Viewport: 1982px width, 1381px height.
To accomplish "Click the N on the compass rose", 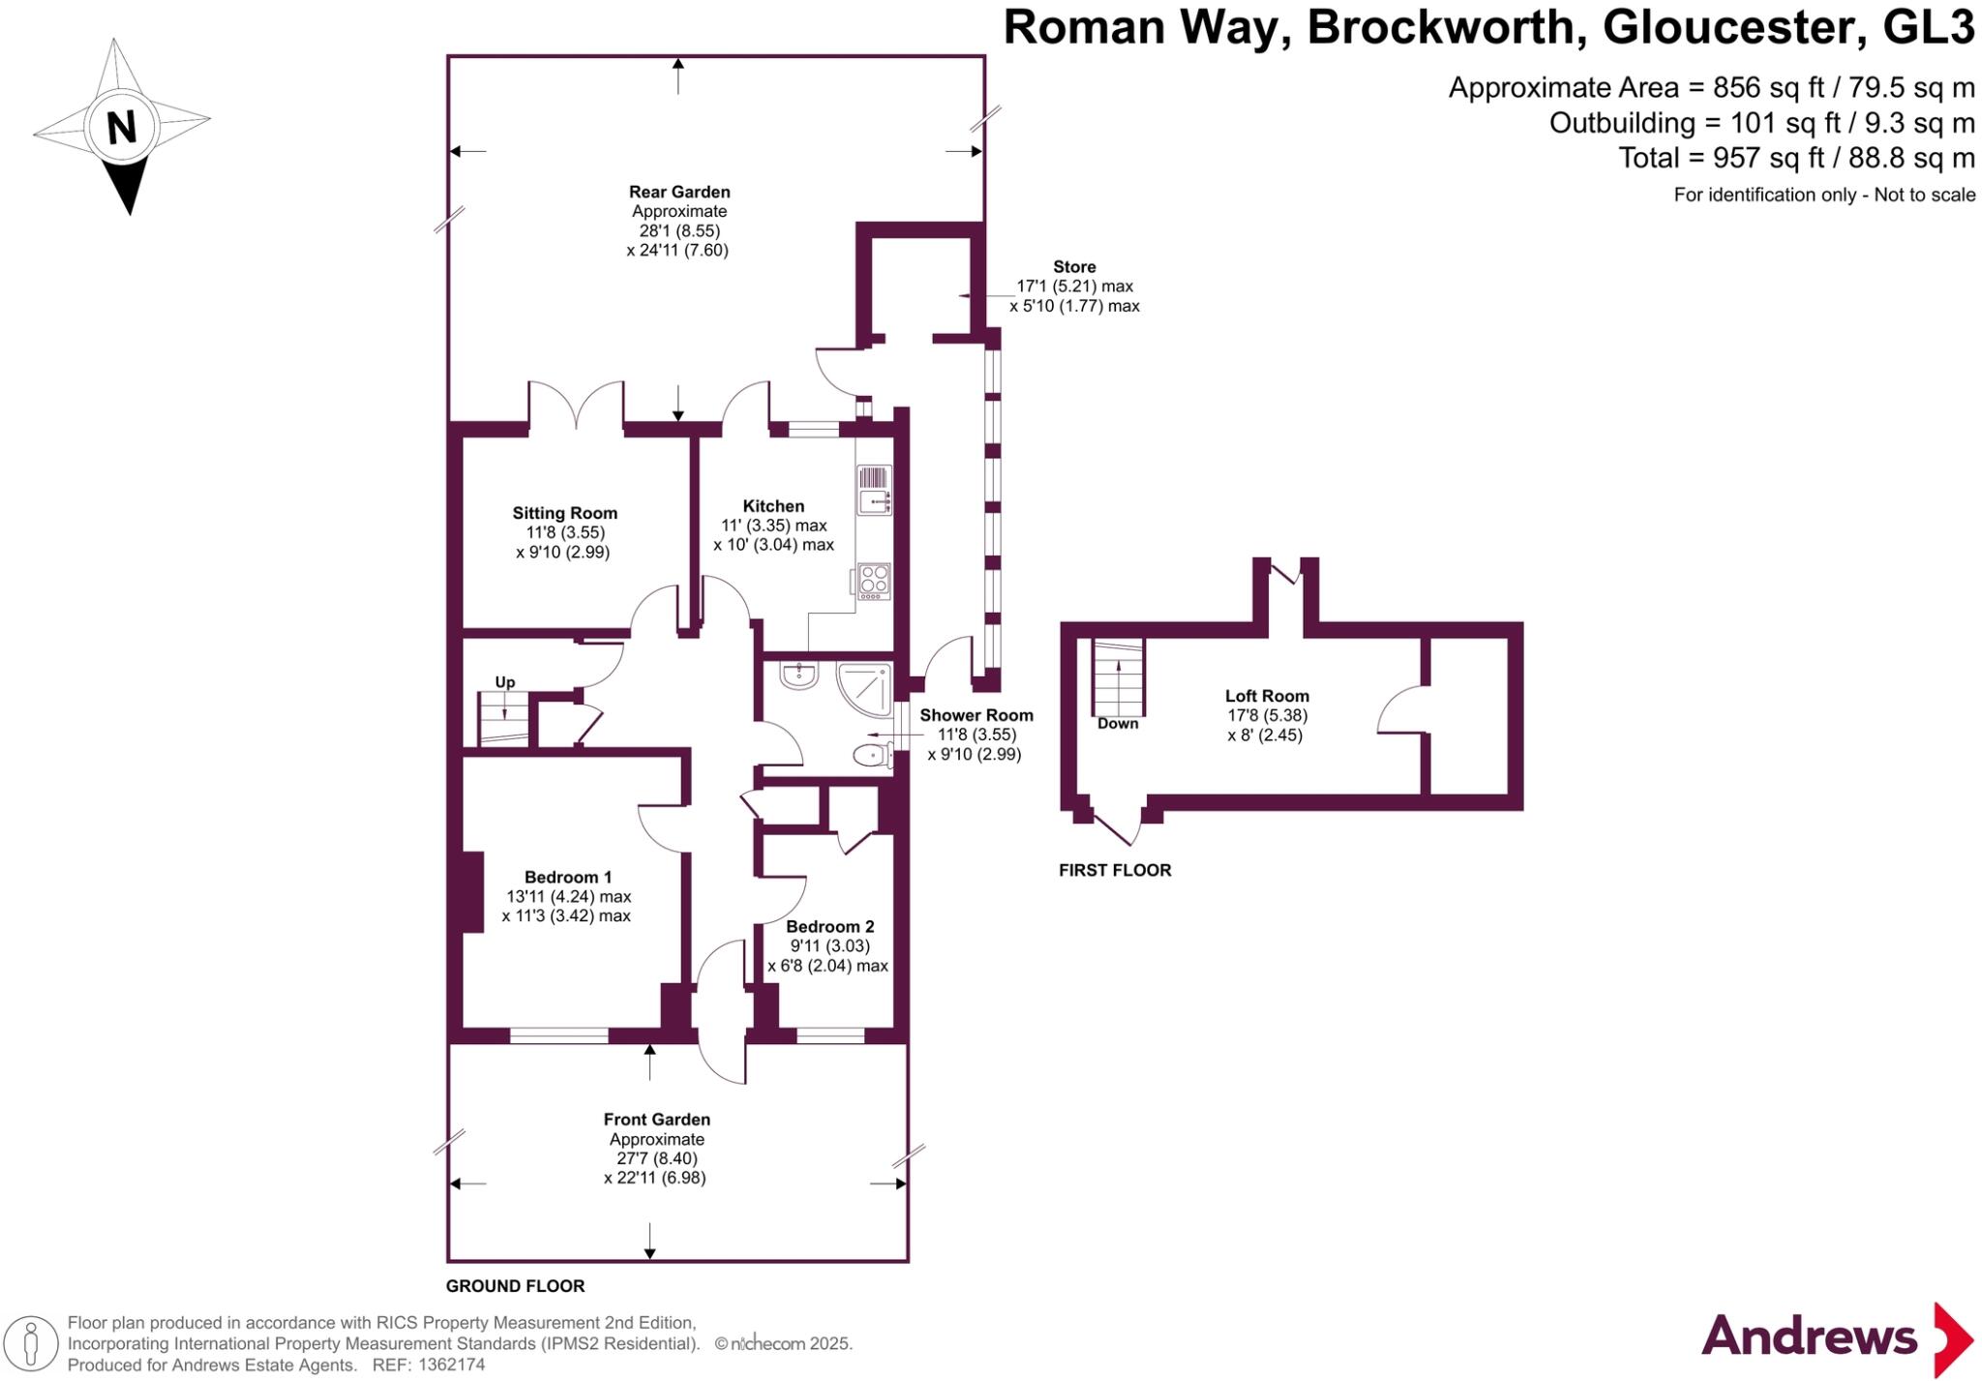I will click(121, 127).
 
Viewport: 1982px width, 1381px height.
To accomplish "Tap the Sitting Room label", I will click(564, 513).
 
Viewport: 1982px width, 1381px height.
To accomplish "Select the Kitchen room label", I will click(773, 505).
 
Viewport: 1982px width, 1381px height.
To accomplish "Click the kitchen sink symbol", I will click(873, 490).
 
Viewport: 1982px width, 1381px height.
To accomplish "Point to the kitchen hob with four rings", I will click(874, 581).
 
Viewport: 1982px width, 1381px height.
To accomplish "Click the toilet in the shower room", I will click(872, 755).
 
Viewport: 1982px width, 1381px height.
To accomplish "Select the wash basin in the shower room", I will click(799, 675).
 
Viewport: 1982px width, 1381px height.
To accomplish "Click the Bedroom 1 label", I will click(568, 877).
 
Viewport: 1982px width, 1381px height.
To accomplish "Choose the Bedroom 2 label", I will click(829, 926).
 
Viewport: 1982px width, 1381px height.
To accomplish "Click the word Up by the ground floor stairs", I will click(505, 682).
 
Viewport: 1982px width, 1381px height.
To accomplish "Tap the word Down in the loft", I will click(1118, 724).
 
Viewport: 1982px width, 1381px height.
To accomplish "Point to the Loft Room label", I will click(1267, 696).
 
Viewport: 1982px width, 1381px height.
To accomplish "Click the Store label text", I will click(1074, 267).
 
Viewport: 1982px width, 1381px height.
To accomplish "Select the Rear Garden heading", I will click(679, 192).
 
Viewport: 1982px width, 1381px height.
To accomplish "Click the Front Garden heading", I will click(657, 1120).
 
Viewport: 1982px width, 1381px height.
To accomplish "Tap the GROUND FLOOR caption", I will click(515, 1286).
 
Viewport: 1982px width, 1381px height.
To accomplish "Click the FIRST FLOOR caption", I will click(1115, 870).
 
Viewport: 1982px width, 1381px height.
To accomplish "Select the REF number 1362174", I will click(452, 1365).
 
